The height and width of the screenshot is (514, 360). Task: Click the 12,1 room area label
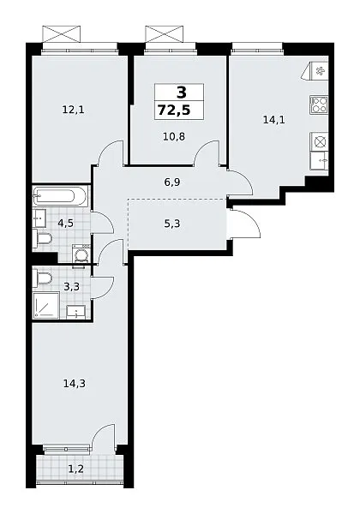click(x=73, y=110)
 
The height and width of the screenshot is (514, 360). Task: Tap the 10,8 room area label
click(x=174, y=136)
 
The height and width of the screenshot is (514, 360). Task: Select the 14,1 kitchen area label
click(x=273, y=120)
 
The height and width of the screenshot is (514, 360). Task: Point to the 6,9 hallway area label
click(x=172, y=182)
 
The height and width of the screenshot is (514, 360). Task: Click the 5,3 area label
click(x=172, y=224)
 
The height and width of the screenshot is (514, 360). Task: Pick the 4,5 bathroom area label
click(x=65, y=224)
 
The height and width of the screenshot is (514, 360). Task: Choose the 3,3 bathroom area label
click(x=71, y=287)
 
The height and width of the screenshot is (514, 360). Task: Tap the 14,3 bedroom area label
click(x=75, y=383)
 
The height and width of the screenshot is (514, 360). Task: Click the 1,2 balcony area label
click(x=75, y=469)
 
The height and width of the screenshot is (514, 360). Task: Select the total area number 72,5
click(x=174, y=111)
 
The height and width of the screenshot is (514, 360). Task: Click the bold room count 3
click(x=182, y=93)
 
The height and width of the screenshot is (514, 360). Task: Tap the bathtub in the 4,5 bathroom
click(x=60, y=197)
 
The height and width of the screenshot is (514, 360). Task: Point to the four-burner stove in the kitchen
click(x=319, y=105)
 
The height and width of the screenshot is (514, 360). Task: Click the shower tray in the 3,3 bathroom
click(x=46, y=305)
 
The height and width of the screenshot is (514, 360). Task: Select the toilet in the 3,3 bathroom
click(x=42, y=278)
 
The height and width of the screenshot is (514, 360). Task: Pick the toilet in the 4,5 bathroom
click(x=42, y=238)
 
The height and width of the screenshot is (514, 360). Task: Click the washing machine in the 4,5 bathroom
click(x=81, y=254)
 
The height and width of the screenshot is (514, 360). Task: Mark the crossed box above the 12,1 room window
click(x=62, y=33)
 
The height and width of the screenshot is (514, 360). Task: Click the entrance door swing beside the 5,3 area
click(x=244, y=224)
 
